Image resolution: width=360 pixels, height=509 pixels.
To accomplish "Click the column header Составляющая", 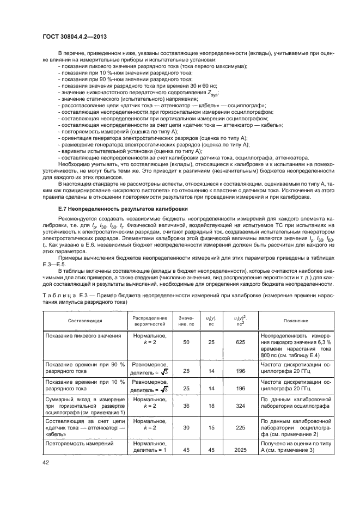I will (x=81, y=321).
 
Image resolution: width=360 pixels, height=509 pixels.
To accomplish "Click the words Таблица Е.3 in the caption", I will (x=62, y=295).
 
